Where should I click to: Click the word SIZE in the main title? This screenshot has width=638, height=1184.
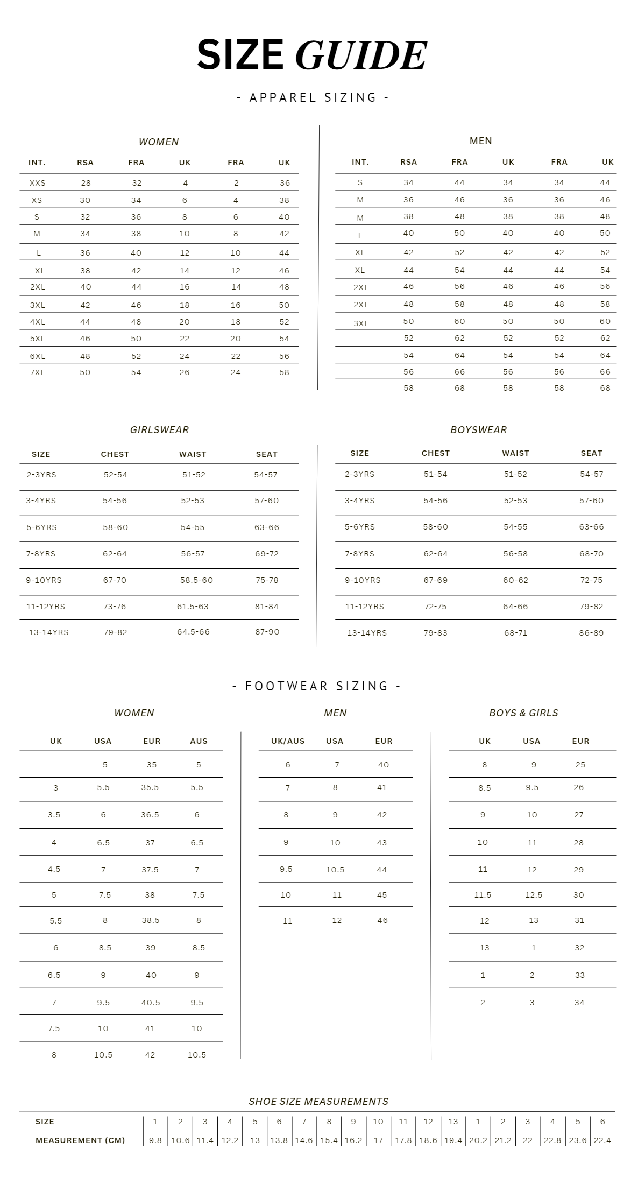coord(240,54)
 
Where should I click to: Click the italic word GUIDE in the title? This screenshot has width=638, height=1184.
coord(361,55)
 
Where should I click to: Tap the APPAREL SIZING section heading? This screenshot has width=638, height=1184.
coord(313,97)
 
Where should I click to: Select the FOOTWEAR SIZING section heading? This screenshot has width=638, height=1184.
coord(317,686)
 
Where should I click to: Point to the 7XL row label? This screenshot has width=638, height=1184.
coord(38,372)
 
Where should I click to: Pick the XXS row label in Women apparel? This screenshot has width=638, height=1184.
coord(38,183)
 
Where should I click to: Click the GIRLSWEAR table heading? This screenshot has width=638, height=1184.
coord(159,430)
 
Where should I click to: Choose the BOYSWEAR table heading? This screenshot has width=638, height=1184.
coord(478,430)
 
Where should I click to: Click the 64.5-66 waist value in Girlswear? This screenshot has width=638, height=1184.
coord(193,632)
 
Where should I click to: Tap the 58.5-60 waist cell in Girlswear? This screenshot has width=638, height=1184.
coord(196,580)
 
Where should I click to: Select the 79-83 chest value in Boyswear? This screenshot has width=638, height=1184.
coord(435,633)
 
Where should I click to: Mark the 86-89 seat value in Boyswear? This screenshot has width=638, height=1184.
coord(591,633)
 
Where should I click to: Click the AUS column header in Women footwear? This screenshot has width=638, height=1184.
coord(199,741)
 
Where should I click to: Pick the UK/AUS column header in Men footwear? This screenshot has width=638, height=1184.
coord(288,741)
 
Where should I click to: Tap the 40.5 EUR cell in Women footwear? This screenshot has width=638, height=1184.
coord(151,1003)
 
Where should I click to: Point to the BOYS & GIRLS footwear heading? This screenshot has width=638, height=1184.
coord(523,713)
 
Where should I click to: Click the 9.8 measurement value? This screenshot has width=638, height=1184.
coord(155,1140)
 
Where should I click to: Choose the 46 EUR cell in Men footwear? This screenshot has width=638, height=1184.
coord(382,920)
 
